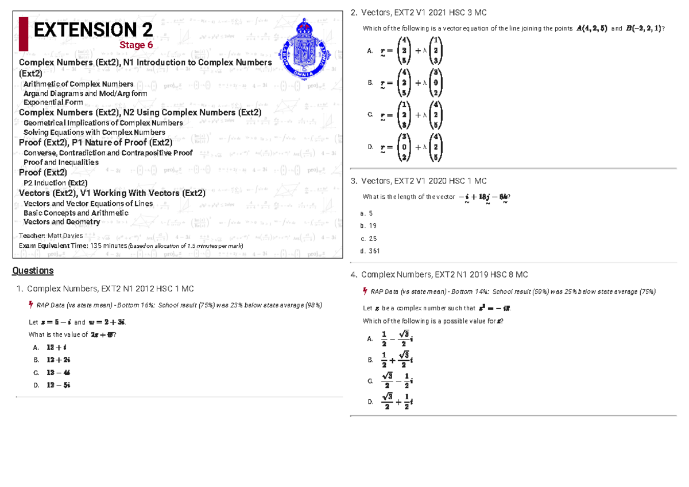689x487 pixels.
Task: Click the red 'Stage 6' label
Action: (136, 45)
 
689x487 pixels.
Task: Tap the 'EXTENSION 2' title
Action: (94, 29)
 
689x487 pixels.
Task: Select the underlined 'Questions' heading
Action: (33, 271)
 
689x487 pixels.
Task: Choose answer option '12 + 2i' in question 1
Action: (59, 360)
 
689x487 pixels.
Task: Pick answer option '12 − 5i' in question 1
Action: (59, 385)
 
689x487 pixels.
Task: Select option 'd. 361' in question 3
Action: (370, 251)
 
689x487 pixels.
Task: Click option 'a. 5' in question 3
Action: (366, 213)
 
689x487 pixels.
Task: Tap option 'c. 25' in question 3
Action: (369, 238)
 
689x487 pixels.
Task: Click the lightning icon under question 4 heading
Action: (365, 291)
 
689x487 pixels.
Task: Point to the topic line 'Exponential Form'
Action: (53, 103)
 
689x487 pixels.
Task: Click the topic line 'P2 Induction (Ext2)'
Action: (55, 183)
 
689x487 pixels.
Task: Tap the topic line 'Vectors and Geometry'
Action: (61, 222)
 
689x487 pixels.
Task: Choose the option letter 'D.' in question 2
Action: (370, 147)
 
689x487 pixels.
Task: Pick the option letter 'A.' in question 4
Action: (370, 339)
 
